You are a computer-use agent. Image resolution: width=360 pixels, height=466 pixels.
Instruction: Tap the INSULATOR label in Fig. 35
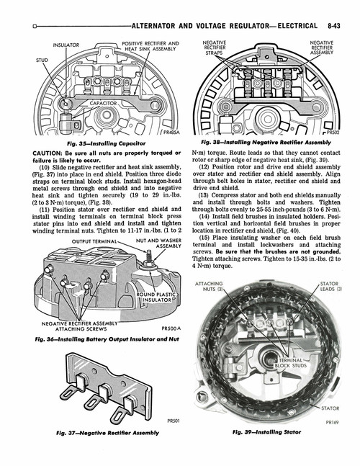pyautogui.click(x=66, y=45)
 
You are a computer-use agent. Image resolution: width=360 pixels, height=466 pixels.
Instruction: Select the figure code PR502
pyautogui.click(x=332, y=133)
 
